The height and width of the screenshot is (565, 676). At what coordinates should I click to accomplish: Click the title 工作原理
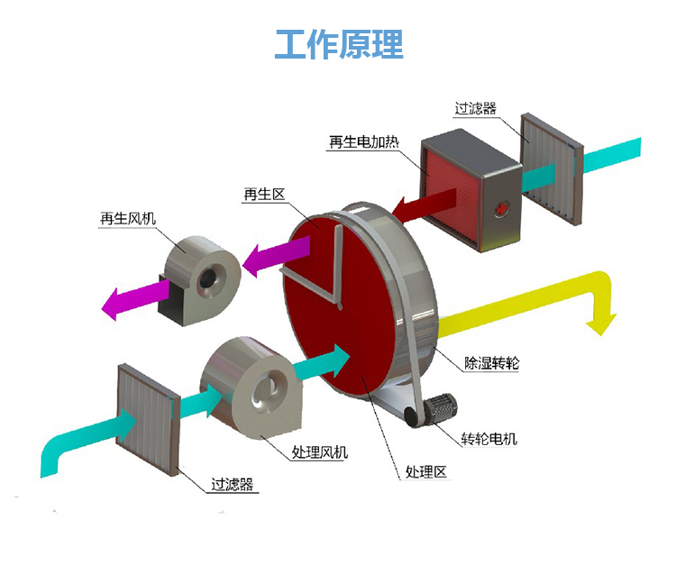(x=338, y=42)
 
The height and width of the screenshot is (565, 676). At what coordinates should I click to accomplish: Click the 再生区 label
(x=264, y=194)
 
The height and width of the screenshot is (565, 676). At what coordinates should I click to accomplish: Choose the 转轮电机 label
(x=489, y=440)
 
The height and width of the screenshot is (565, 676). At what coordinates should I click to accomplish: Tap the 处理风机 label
(x=320, y=452)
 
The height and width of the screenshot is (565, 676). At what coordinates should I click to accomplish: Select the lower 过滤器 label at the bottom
(x=232, y=484)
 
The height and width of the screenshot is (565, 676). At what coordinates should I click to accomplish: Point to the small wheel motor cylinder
(x=441, y=409)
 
